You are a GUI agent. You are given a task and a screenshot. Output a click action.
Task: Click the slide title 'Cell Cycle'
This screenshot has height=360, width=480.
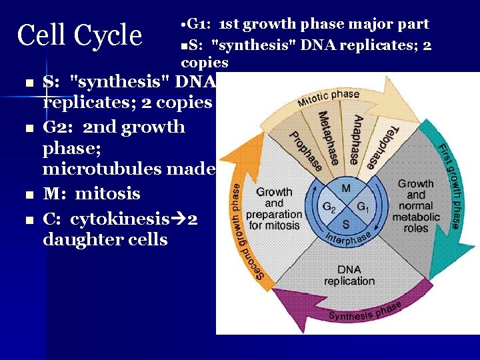tap(79, 35)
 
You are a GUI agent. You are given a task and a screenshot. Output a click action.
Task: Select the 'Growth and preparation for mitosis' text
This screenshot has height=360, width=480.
tap(274, 209)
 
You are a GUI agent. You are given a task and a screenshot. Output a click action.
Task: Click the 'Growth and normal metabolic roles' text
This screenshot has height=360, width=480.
tap(415, 205)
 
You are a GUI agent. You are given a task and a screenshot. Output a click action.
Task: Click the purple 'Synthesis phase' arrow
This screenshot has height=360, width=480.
tap(365, 311)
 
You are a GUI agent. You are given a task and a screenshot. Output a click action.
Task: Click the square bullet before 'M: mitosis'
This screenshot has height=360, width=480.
tap(28, 195)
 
